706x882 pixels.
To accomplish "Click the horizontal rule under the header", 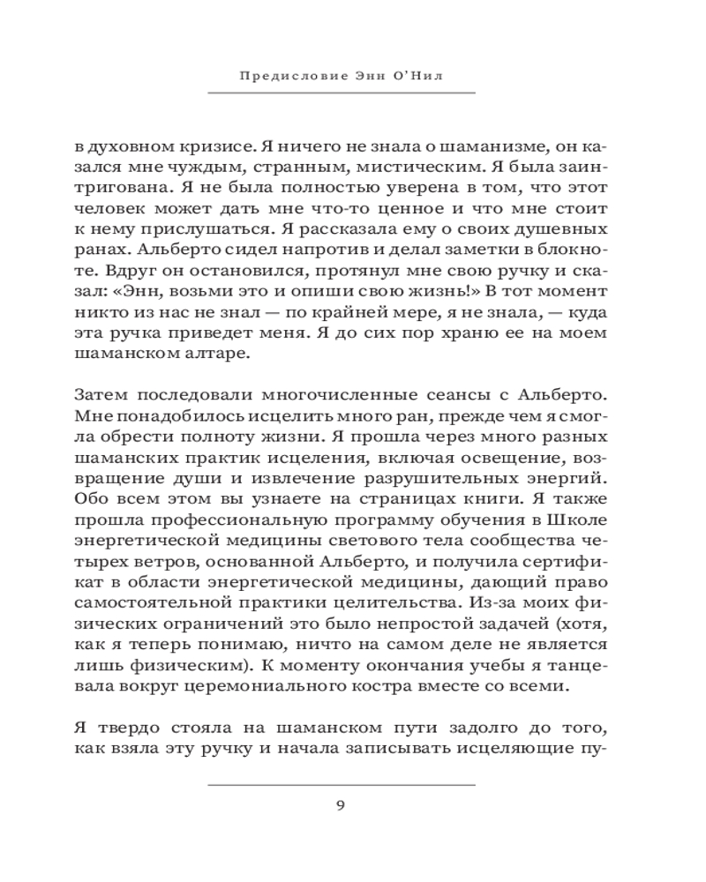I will click(x=342, y=93).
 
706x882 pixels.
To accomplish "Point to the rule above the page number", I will click(x=342, y=784).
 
